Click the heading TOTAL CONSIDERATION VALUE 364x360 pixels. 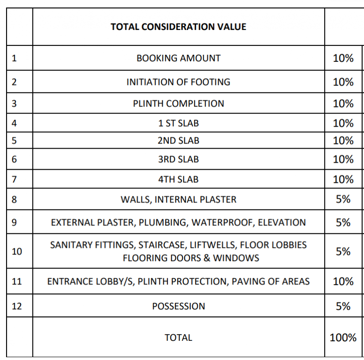[178, 27]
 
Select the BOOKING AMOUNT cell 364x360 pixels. [178, 58]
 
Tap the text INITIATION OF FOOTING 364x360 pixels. [178, 82]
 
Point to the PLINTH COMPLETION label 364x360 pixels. [178, 104]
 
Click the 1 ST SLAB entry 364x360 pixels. [178, 123]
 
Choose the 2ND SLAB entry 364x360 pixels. [178, 141]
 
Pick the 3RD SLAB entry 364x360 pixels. [178, 159]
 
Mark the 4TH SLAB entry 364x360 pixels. [178, 180]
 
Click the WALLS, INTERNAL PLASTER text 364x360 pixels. [178, 200]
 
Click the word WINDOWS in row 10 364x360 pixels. [236, 258]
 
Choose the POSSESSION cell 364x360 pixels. [178, 306]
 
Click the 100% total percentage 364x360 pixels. [343, 337]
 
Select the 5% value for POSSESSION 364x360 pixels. [343, 306]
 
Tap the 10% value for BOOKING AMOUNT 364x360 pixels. [343, 58]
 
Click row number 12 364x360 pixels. [17, 306]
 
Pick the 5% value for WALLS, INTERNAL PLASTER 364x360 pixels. [343, 199]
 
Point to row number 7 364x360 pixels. [14, 180]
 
